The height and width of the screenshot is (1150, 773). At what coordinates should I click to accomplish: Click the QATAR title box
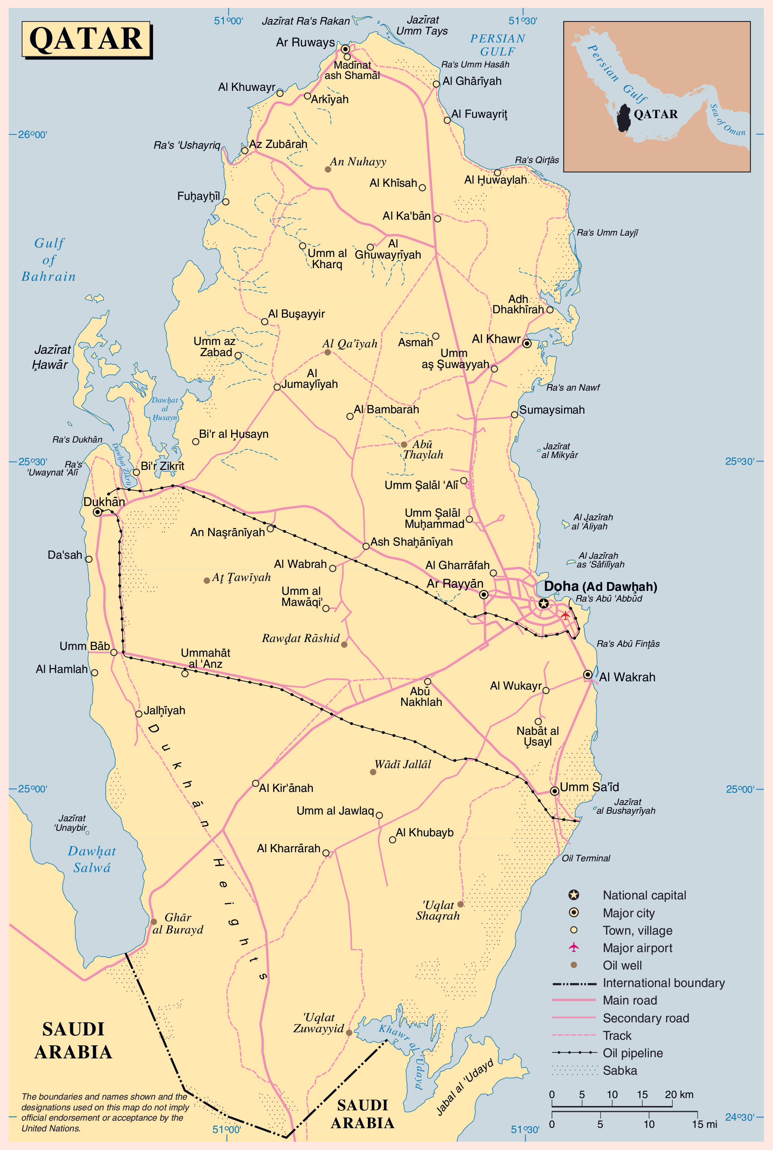pos(86,39)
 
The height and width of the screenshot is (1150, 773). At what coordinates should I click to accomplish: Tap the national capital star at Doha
pos(543,604)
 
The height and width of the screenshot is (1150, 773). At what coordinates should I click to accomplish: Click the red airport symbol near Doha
pos(565,615)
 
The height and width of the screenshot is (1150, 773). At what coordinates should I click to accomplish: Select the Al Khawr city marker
pos(527,343)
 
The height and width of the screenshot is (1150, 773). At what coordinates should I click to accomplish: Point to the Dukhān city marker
pos(98,512)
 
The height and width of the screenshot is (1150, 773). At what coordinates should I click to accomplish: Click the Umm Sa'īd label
pos(589,787)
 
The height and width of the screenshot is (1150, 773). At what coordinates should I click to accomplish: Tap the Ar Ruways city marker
pos(346,49)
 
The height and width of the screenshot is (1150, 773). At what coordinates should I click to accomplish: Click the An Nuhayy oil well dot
pos(328,169)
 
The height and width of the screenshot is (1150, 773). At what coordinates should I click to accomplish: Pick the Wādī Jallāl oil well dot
pos(373,772)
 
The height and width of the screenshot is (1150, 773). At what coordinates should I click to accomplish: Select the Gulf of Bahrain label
pos(49,260)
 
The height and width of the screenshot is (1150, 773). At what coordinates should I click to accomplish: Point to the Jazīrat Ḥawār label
pos(51,357)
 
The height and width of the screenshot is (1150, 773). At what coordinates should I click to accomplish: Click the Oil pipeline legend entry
pos(633,1053)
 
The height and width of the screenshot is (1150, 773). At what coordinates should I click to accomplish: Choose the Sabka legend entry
pos(620,1070)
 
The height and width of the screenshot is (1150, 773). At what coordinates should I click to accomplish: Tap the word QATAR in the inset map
pos(655,115)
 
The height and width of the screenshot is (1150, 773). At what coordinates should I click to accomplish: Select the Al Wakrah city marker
pos(587,674)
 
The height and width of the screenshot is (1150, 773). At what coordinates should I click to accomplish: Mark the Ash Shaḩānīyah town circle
pos(366,546)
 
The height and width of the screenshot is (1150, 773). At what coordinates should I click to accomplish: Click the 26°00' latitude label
pos(33,134)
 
